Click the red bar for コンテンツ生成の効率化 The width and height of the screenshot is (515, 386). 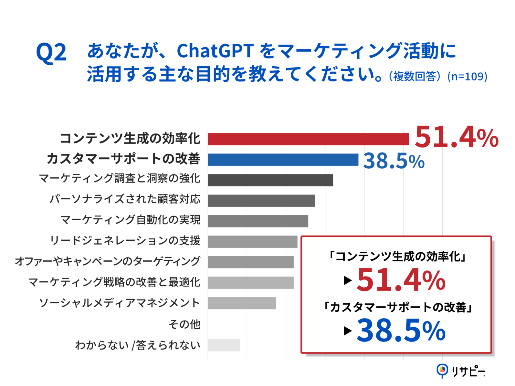[x=308, y=139]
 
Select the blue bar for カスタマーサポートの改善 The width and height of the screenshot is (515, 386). [x=283, y=160]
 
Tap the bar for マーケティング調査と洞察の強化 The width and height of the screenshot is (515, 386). [x=270, y=180]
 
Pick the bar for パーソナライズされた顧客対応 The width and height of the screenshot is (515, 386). [x=261, y=201]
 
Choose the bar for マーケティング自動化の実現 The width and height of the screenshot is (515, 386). [x=258, y=221]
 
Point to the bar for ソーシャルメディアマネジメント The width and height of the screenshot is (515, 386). [x=242, y=303]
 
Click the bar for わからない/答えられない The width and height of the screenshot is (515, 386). [x=224, y=345]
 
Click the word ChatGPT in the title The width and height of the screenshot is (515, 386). [x=215, y=51]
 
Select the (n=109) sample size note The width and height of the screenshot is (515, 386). [x=467, y=76]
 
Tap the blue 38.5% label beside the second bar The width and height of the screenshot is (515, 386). [x=394, y=161]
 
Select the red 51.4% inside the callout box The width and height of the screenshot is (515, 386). [x=401, y=280]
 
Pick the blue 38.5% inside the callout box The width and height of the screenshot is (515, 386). [x=401, y=330]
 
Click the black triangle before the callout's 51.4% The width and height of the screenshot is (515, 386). [x=348, y=280]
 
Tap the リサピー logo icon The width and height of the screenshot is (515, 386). [x=442, y=371]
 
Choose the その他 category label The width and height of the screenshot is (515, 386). [x=184, y=324]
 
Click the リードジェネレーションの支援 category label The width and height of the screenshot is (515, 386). [x=125, y=241]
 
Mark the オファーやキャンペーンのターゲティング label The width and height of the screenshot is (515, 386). [x=107, y=261]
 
